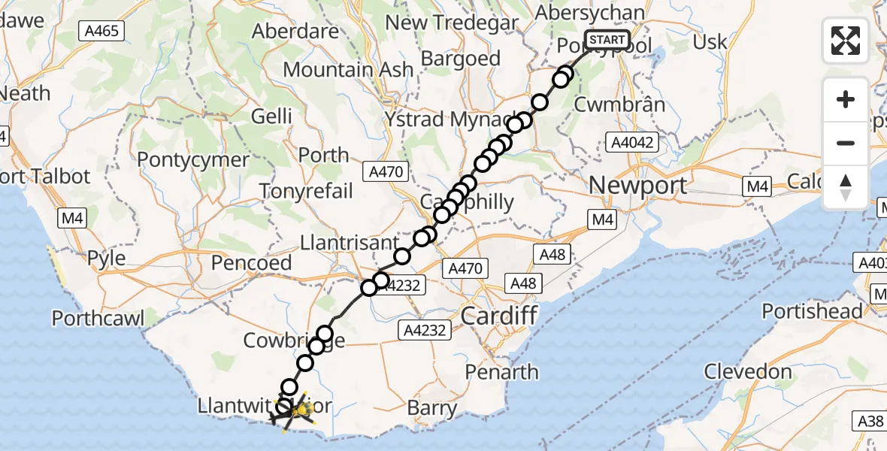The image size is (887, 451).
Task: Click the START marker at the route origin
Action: click(x=606, y=39)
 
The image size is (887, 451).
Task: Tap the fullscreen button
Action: click(x=846, y=40)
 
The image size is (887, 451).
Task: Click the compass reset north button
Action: click(x=846, y=187)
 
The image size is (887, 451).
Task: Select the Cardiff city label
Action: click(x=500, y=315)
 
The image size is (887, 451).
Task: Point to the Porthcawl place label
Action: click(x=98, y=318)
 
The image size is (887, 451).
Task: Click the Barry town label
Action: click(x=432, y=408)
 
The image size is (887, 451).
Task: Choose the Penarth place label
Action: click(x=501, y=372)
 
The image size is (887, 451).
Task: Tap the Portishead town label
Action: click(x=812, y=311)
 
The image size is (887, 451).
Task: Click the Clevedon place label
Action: click(x=748, y=371)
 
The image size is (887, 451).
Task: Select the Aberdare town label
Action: click(x=295, y=32)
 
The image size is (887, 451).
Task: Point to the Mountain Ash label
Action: click(x=348, y=70)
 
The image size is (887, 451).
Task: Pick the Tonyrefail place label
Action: click(x=307, y=190)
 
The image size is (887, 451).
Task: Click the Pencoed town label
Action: click(x=251, y=263)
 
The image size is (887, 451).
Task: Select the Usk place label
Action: click(x=710, y=42)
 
